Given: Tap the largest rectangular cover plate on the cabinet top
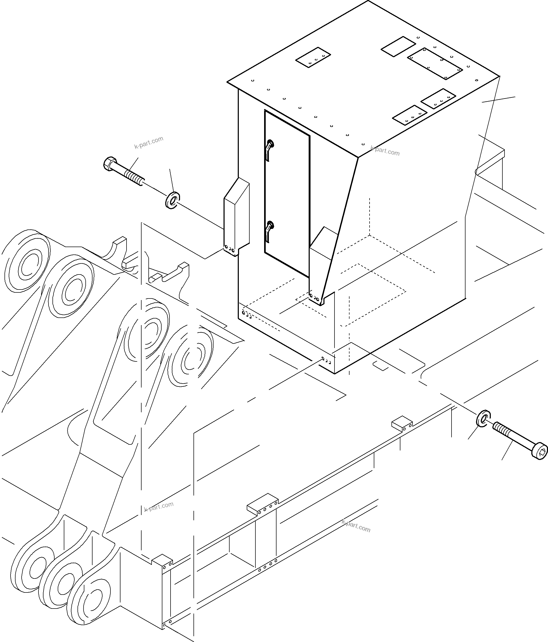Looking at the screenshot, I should pos(435,63).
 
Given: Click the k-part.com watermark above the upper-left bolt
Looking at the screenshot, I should pos(149,143).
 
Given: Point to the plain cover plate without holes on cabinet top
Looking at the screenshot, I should pos(398,46).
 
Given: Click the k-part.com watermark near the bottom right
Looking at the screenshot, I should pos(356,526).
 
